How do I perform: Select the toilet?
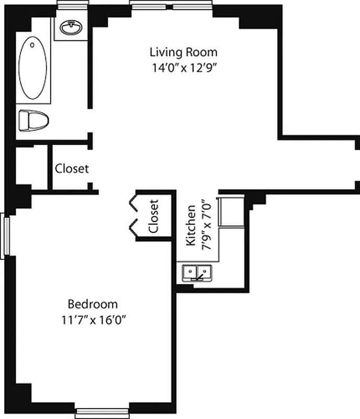pos(33,120)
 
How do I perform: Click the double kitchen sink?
pos(197,272)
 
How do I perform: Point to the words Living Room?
pos(183,52)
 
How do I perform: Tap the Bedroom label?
pos(93,304)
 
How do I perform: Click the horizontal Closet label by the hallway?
pos(72,169)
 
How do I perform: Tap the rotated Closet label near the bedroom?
pos(153,216)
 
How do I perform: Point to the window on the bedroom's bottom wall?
pos(102,413)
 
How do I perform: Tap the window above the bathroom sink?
pos(72,3)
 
